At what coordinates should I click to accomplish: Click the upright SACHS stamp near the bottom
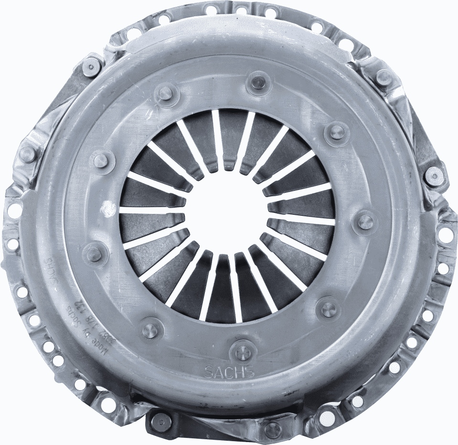pyautogui.click(x=229, y=371)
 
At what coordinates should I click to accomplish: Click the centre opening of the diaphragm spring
pyautogui.click(x=227, y=211)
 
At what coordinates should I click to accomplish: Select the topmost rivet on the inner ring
pyautogui.click(x=258, y=81)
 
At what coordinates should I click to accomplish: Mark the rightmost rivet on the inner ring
pyautogui.click(x=365, y=221)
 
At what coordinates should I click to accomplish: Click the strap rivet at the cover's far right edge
pyautogui.click(x=434, y=176)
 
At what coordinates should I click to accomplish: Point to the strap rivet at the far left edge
pyautogui.click(x=27, y=154)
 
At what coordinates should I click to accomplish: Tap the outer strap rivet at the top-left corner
pyautogui.click(x=91, y=66)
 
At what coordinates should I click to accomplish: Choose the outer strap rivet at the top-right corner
pyautogui.click(x=383, y=77)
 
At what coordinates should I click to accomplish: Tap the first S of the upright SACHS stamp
pyautogui.click(x=209, y=372)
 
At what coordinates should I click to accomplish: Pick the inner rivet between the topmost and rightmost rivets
pyautogui.click(x=336, y=131)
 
